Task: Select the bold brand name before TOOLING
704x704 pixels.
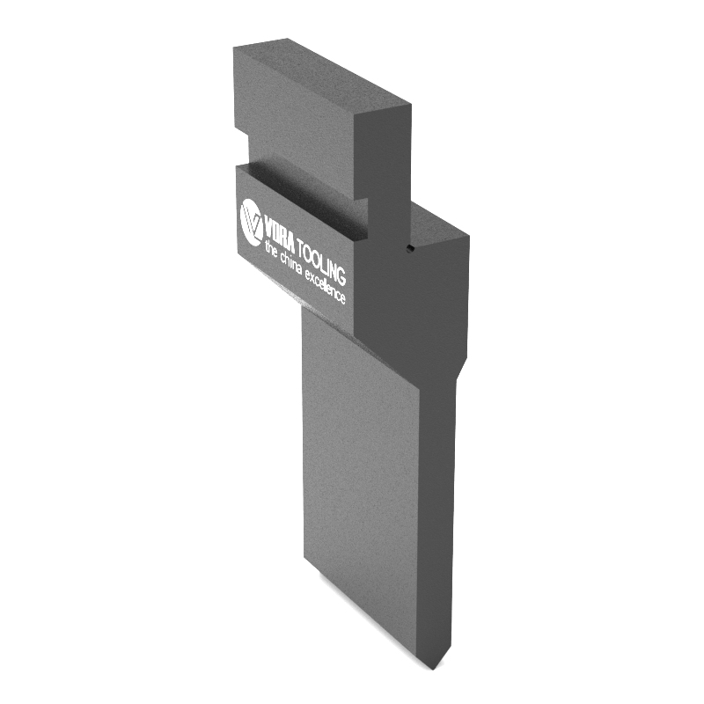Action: (x=279, y=233)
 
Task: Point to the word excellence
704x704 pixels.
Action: (x=326, y=288)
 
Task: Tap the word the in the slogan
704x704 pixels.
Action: (x=271, y=248)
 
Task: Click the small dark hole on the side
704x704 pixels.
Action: (x=409, y=248)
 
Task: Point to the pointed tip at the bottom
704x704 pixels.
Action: (x=433, y=669)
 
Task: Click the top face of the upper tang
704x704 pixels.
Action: (x=322, y=75)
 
